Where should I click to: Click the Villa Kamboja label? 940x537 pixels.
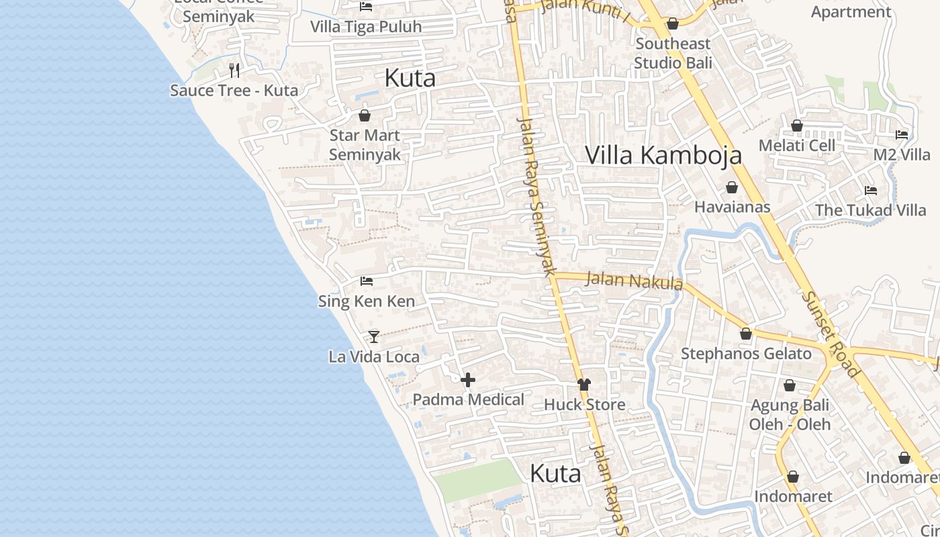(663, 155)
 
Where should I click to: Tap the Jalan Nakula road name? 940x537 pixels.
(634, 280)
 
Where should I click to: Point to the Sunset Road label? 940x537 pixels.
(831, 334)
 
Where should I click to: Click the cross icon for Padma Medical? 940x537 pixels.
(468, 380)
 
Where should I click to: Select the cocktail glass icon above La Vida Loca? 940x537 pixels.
(374, 336)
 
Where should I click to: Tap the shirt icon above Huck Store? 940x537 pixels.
(583, 385)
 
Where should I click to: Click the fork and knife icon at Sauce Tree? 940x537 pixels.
(234, 70)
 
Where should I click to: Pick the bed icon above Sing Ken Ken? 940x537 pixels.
(367, 281)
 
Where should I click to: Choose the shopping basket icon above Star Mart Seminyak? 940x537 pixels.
(365, 115)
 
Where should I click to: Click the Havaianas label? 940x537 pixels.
(732, 207)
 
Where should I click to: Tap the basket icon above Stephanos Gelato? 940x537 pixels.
(746, 334)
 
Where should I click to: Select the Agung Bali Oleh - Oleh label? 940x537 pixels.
(790, 415)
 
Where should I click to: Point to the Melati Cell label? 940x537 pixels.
(797, 146)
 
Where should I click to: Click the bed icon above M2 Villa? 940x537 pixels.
(902, 135)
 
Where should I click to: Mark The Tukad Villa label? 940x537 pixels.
(870, 210)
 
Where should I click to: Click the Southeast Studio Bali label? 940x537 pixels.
(673, 54)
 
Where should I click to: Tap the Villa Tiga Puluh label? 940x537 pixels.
(366, 27)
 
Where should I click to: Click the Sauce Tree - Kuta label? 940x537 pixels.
(234, 91)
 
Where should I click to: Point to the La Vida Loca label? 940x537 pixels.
(374, 356)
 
